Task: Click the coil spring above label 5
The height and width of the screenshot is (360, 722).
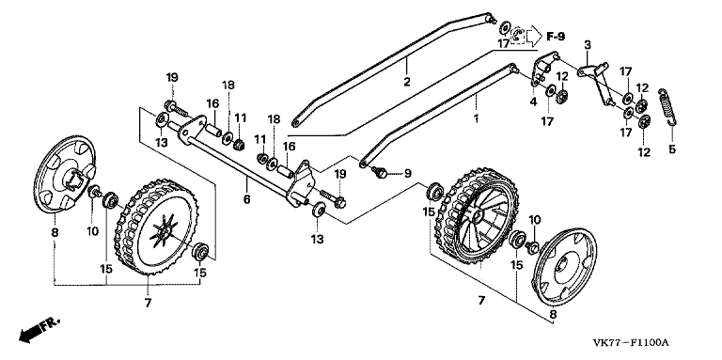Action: [x=667, y=106]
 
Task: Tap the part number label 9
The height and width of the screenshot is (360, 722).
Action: [x=407, y=174]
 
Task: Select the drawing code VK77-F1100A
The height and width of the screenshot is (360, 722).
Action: [x=631, y=343]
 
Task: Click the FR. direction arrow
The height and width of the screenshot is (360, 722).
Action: [x=39, y=329]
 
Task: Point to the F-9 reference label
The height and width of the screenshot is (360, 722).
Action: [x=556, y=36]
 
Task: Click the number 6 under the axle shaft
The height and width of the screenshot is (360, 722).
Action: [x=246, y=199]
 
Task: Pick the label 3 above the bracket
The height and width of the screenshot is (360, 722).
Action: [x=587, y=45]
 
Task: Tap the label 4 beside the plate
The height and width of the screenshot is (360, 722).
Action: [x=533, y=102]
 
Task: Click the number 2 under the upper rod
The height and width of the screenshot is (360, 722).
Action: [x=406, y=82]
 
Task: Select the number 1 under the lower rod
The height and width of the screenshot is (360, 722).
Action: [x=476, y=118]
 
